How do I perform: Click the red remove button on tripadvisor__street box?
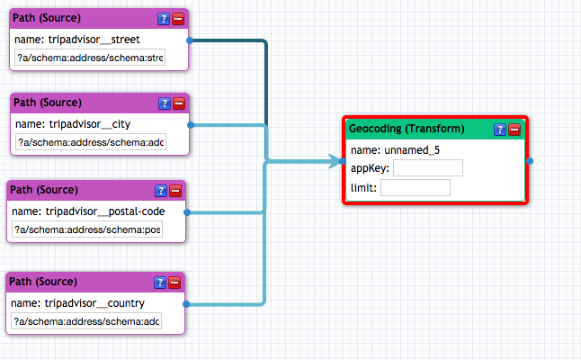[178, 19]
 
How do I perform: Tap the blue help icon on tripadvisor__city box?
[165, 103]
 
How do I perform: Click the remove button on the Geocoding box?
[514, 130]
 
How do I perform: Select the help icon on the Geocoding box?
[500, 130]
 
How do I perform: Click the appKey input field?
[428, 168]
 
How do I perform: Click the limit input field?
[416, 187]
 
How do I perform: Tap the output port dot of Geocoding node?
[530, 161]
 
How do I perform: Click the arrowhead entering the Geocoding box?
[335, 161]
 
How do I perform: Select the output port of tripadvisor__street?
[190, 40]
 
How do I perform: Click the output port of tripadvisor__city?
[191, 125]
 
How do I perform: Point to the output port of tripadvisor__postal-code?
[187, 212]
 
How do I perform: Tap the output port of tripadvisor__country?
[186, 304]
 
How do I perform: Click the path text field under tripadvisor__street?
[90, 58]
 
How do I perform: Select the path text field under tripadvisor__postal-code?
[87, 229]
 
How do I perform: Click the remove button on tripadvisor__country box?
[174, 283]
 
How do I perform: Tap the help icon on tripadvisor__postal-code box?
[161, 191]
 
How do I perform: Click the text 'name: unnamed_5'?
[395, 150]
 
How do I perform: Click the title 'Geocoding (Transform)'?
[407, 129]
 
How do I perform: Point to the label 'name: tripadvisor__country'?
[77, 303]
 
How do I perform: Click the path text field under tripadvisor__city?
[91, 142]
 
